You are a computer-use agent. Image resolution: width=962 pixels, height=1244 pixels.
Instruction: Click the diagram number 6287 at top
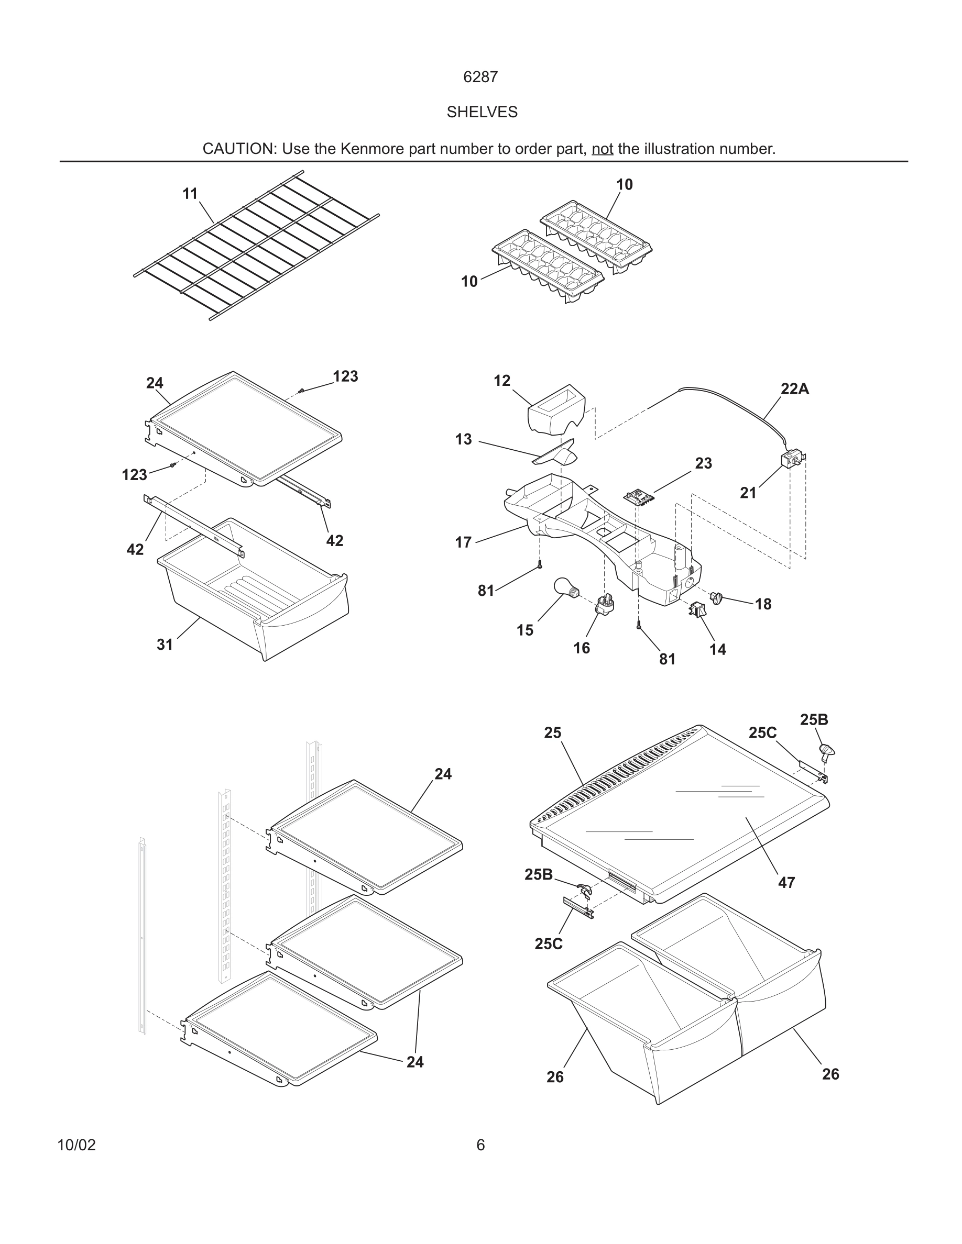click(480, 77)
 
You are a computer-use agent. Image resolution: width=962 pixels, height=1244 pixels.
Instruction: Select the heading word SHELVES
click(482, 112)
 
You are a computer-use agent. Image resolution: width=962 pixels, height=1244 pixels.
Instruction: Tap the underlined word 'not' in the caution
click(602, 149)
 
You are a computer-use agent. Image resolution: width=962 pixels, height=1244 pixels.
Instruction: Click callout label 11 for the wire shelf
click(190, 194)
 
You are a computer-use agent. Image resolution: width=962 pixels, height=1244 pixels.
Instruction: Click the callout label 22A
click(794, 389)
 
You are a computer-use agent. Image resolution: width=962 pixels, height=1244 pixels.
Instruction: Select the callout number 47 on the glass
click(786, 882)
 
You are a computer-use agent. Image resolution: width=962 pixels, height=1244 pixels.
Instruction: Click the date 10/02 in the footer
click(76, 1145)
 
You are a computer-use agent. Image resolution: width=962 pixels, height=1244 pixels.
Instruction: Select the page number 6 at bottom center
click(480, 1145)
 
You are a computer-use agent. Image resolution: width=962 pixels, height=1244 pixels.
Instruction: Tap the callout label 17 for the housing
click(463, 542)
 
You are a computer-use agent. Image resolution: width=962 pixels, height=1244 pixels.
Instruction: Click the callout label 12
click(501, 381)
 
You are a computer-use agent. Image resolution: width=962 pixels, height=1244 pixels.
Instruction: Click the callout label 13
click(463, 439)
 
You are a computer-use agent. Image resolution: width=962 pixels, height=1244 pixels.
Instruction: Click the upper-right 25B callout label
click(813, 719)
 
